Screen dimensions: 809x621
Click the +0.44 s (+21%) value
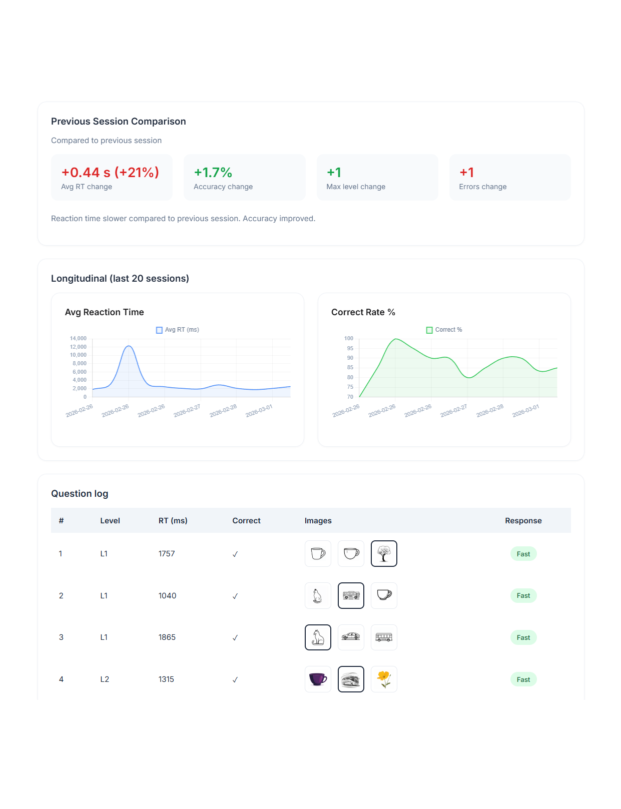click(110, 173)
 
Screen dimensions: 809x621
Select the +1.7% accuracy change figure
click(213, 173)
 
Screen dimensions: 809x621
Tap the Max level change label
click(356, 187)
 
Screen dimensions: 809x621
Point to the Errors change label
click(482, 187)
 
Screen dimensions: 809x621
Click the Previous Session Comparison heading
click(119, 122)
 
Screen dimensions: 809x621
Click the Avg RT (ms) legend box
click(160, 330)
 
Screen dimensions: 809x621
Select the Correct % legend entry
click(444, 330)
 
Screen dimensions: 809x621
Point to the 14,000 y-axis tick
click(78, 339)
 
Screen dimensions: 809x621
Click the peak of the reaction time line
click(129, 346)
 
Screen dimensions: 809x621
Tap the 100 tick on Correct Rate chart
click(349, 339)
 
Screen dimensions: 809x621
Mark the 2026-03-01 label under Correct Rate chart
click(525, 411)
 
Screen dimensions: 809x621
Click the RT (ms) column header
click(173, 521)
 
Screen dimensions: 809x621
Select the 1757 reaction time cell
click(167, 554)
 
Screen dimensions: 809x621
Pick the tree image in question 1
click(384, 554)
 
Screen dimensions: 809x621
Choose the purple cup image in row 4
click(318, 679)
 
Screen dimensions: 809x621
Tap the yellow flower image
click(384, 679)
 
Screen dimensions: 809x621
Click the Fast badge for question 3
click(523, 638)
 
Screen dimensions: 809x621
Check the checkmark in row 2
click(235, 596)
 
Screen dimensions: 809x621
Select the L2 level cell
click(105, 679)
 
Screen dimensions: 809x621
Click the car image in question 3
click(351, 637)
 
